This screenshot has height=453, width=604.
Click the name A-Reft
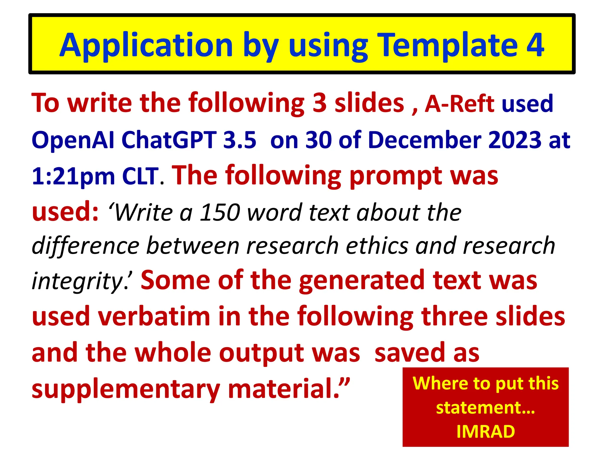click(459, 104)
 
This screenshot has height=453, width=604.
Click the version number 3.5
click(240, 140)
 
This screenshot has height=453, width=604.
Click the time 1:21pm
click(73, 176)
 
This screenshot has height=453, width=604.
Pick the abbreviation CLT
click(140, 176)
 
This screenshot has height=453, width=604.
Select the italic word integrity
click(78, 281)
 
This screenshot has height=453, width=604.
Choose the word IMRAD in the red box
click(485, 431)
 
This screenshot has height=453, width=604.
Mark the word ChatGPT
click(169, 140)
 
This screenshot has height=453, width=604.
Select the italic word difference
click(86, 245)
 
